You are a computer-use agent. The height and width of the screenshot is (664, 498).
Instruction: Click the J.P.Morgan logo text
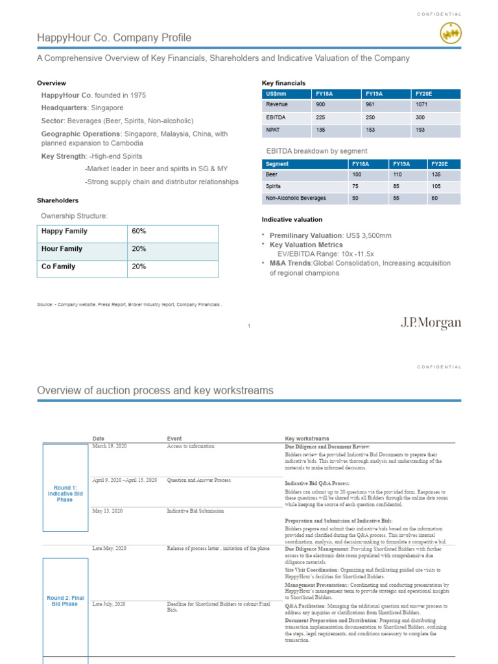coord(431,323)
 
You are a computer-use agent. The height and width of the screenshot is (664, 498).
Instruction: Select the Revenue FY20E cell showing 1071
coord(421,104)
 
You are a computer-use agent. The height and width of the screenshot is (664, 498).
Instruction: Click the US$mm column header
coord(276,93)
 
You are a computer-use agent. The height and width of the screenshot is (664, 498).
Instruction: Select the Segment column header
coord(278,164)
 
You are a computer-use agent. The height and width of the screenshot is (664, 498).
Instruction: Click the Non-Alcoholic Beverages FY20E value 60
coord(434,198)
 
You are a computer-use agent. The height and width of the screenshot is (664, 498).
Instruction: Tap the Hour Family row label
coord(62,248)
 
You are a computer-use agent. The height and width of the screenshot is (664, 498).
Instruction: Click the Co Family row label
coord(58,267)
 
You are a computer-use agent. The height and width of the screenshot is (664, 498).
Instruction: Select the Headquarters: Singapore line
coord(82,108)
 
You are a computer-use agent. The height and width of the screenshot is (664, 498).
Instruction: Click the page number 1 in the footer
coord(249,326)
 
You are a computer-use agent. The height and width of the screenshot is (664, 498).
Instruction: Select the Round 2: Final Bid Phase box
coord(65,600)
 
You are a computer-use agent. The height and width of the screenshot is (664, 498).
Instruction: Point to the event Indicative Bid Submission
coord(195,511)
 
